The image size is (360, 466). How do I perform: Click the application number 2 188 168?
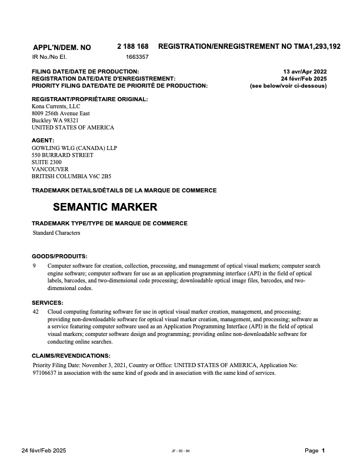coord(133,46)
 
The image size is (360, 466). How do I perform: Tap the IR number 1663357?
coord(137,58)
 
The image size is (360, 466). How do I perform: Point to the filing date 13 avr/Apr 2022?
coord(305,71)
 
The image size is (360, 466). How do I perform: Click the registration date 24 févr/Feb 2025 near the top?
coord(304,78)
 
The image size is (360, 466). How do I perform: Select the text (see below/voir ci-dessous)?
coord(288,85)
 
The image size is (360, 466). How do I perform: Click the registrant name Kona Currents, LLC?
coord(56,106)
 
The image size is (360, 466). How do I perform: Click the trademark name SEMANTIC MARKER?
coord(105,207)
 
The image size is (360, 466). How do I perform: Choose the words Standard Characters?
coord(56,233)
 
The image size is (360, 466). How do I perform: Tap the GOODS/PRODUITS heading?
coord(59,256)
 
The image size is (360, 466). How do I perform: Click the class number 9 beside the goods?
coord(34,266)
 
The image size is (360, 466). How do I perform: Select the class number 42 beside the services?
coord(36,311)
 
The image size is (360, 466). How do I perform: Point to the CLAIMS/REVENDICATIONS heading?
coord(71,356)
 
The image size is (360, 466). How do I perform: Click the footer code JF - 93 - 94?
coord(181,451)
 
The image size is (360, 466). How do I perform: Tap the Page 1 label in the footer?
coord(315,451)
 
